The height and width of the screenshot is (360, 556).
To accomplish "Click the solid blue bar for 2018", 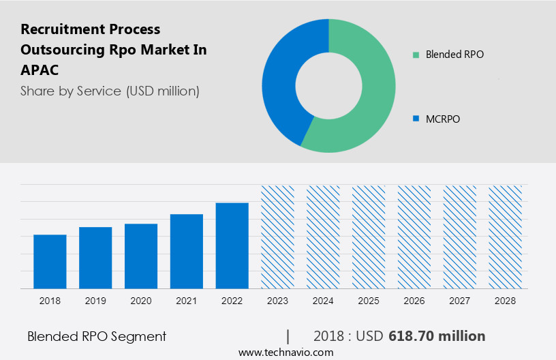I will [50, 262].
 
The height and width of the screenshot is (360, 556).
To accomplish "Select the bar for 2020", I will [141, 256].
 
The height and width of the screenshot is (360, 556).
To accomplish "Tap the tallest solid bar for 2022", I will [232, 245].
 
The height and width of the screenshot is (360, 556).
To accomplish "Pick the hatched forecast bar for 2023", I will [277, 237].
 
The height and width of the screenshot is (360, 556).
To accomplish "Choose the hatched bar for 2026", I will [414, 237].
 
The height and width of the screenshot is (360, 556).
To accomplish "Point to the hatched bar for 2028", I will [506, 237].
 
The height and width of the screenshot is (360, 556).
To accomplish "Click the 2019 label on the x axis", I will [95, 301].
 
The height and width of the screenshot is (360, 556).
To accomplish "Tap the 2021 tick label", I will [187, 301].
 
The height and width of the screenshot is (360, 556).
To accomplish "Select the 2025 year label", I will [369, 301].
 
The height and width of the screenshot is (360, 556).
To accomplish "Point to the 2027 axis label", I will [460, 301].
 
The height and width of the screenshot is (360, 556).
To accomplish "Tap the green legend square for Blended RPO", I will [416, 55].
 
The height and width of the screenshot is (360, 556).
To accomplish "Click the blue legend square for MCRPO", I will [416, 119].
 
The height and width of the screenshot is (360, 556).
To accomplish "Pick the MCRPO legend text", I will [443, 119].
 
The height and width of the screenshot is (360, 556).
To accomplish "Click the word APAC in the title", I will [40, 70].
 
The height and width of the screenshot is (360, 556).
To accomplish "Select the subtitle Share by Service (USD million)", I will [110, 91].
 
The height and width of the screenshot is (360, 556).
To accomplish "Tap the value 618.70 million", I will [437, 336].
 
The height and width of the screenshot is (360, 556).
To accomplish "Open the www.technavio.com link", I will [285, 352].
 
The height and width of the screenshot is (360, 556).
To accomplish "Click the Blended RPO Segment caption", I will [97, 336].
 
